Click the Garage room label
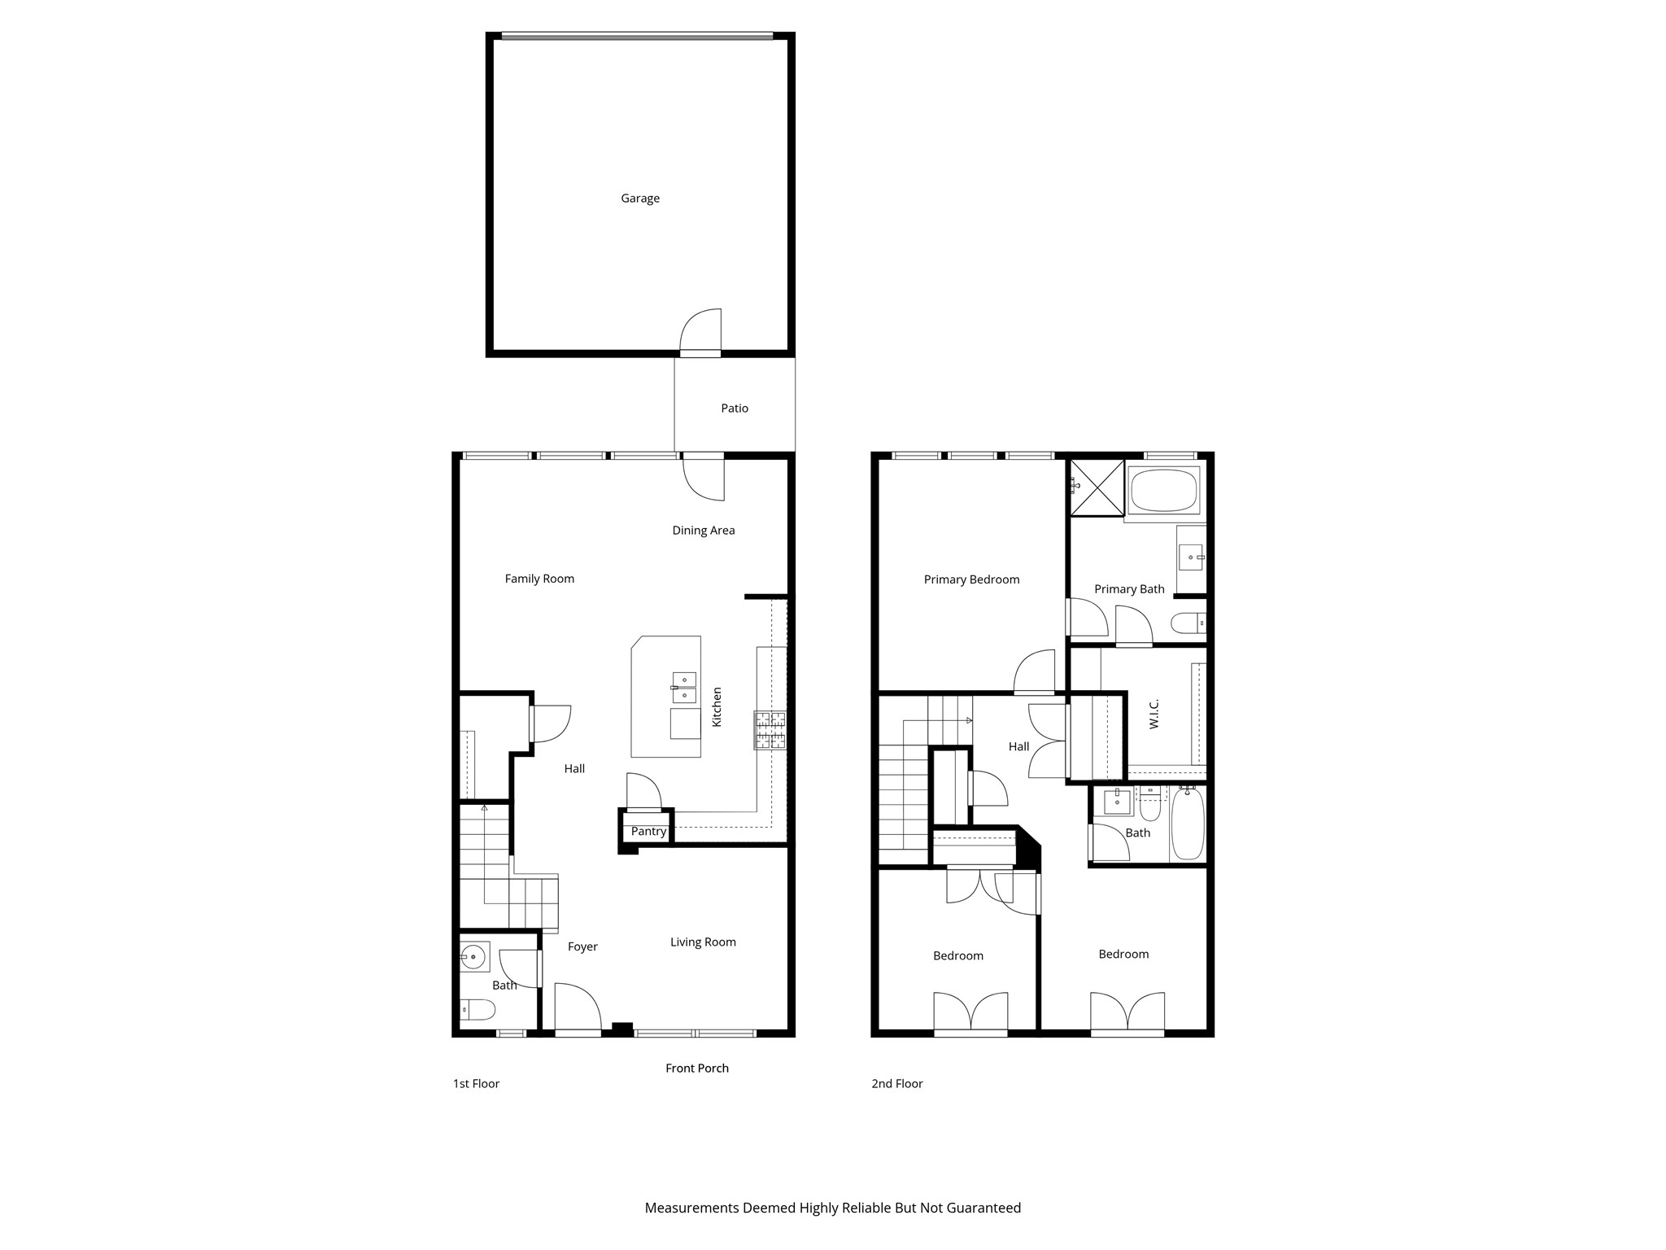click(x=639, y=198)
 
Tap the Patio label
click(x=734, y=408)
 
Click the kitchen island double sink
click(x=683, y=687)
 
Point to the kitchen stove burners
click(x=770, y=730)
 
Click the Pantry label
click(x=648, y=831)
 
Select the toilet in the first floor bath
click(x=478, y=1010)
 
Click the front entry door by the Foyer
click(x=578, y=1009)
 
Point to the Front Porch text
click(x=696, y=1068)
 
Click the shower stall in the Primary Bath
click(x=1097, y=487)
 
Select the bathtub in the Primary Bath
click(x=1163, y=490)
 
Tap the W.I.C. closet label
click(x=1154, y=714)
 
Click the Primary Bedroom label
click(x=971, y=579)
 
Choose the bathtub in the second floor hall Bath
click(x=1187, y=823)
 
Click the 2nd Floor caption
click(x=896, y=1083)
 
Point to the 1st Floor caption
click(x=476, y=1083)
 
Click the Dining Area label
click(x=703, y=530)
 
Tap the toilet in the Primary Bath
click(x=1188, y=624)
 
